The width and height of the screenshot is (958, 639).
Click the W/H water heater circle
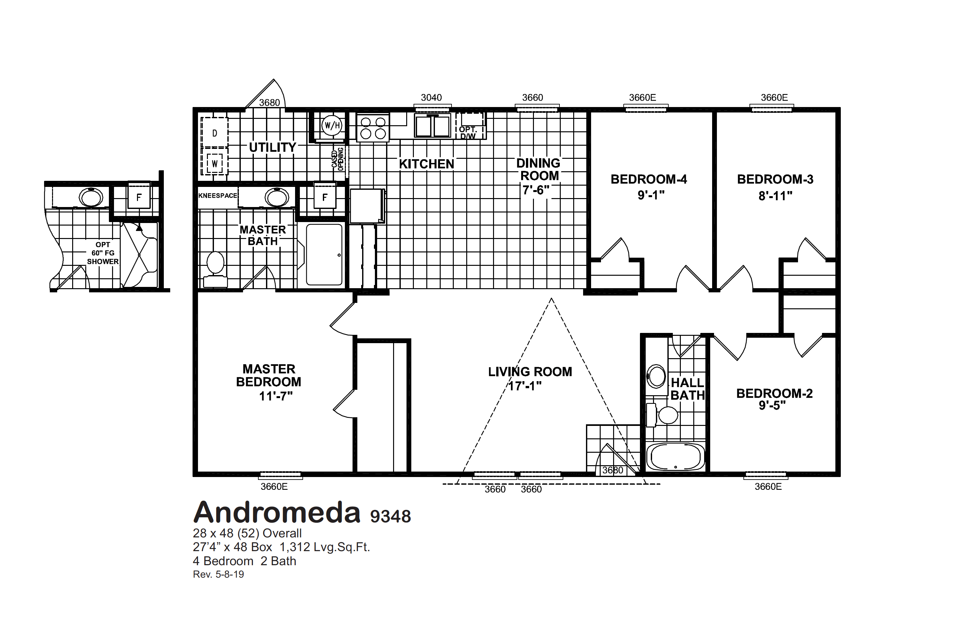332,125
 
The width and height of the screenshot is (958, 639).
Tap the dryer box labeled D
215,133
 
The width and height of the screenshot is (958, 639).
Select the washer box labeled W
215,164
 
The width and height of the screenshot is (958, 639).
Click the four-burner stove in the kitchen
373,127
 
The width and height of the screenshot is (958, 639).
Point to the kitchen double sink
432,126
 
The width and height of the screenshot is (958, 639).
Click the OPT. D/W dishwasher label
468,133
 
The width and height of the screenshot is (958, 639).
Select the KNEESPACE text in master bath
217,196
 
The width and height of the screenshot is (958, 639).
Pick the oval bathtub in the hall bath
675,457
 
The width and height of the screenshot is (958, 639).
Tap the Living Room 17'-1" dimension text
525,386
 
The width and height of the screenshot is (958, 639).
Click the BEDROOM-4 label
649,179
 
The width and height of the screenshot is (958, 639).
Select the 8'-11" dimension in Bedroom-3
775,196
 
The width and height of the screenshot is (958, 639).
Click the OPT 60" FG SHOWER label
103,253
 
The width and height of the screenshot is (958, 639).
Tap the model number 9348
390,516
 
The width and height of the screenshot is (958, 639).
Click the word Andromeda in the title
277,512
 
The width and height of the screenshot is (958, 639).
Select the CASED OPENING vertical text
338,159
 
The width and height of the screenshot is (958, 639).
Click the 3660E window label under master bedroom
274,487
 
